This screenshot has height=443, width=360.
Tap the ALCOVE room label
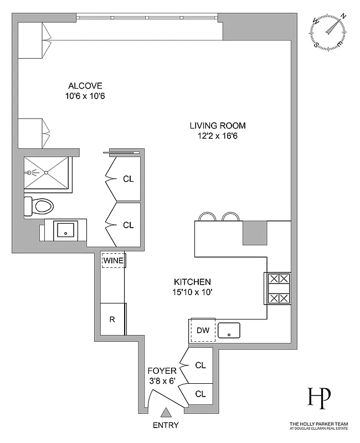85,86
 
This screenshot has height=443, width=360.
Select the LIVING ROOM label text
218,125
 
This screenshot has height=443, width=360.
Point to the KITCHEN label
192,281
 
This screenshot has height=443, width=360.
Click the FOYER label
162,370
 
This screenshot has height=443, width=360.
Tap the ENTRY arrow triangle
165,413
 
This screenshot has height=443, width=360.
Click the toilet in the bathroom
39,207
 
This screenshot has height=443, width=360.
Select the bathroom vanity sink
66,230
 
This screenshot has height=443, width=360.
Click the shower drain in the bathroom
47,172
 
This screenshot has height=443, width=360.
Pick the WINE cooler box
113,260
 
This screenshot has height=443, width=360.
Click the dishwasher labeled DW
203,331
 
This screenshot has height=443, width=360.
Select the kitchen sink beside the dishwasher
229,331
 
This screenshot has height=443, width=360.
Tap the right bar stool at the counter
230,217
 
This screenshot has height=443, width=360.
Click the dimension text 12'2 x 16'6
218,135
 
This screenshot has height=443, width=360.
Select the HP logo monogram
319,398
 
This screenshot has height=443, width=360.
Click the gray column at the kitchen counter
255,233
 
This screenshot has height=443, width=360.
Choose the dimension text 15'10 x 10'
192,291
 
